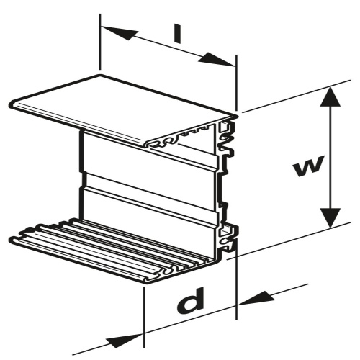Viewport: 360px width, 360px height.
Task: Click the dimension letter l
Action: [x=177, y=35]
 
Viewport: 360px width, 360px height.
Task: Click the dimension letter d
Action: [x=191, y=300]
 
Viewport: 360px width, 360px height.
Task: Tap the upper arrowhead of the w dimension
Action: [x=330, y=96]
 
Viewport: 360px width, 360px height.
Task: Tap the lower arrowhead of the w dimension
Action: [x=330, y=218]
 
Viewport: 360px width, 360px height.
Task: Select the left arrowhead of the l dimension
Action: [x=119, y=33]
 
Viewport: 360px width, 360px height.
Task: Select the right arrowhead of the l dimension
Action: [x=217, y=59]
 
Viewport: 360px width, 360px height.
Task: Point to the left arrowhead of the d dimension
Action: [x=125, y=340]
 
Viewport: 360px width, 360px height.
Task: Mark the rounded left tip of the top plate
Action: [x=11, y=105]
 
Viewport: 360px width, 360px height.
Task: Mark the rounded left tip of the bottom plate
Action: [x=11, y=239]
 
